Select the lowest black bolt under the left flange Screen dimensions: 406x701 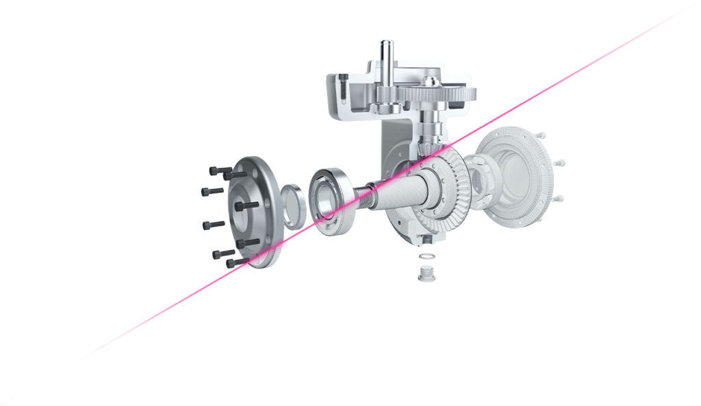(235, 262)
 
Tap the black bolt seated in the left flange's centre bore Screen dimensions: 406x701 (246, 205)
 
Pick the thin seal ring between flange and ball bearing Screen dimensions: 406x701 (294, 206)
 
